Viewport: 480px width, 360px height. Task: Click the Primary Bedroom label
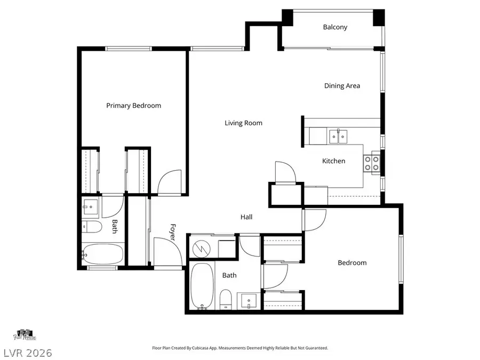[133, 106]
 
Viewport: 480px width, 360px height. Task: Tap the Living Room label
[243, 123]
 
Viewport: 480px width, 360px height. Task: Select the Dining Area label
[342, 86]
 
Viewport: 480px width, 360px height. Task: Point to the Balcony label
[335, 27]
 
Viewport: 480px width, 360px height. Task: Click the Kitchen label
[333, 161]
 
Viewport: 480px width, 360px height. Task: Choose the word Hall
[246, 217]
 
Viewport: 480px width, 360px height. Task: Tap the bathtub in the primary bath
[103, 254]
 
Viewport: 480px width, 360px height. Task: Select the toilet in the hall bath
[226, 299]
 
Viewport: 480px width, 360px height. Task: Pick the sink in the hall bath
[249, 301]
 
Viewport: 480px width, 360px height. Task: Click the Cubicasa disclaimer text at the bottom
[240, 348]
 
